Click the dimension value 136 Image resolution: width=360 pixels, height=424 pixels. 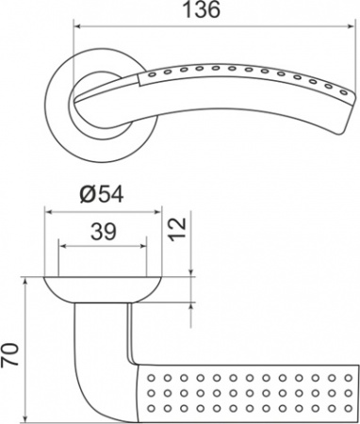click(202, 9)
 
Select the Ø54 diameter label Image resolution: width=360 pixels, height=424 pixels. click(102, 195)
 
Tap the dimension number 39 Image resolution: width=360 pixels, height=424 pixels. click(104, 232)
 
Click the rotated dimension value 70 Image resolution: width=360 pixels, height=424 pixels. click(9, 355)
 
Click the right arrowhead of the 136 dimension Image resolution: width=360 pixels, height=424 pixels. click(351, 26)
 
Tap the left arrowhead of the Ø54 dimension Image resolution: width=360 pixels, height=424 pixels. click(49, 212)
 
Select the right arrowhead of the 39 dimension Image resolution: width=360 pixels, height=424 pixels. click(143, 246)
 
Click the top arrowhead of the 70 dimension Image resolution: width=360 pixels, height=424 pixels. click(25, 281)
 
